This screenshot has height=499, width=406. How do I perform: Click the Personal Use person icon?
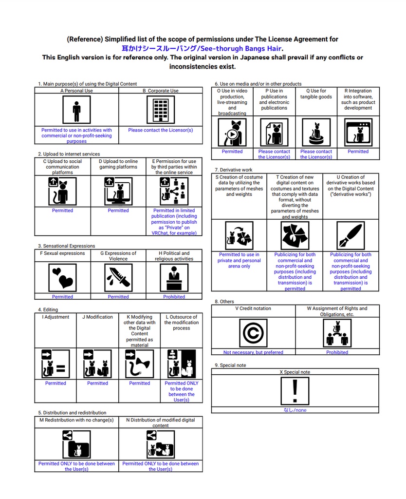point(76,110)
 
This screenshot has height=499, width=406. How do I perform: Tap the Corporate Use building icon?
point(160,110)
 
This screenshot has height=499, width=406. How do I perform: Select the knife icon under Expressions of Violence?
point(118,278)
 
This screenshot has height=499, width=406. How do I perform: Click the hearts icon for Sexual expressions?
point(62,278)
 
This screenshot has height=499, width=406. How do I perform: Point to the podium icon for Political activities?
point(174,278)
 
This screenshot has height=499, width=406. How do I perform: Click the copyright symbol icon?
point(253,333)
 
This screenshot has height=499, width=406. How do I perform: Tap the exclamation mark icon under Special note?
point(295,391)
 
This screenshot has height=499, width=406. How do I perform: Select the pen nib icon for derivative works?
point(351,236)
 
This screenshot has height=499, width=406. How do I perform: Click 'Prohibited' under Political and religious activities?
point(174,297)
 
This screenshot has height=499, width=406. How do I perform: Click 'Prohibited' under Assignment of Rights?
point(337,352)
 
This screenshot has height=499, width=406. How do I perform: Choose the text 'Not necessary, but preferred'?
point(253,352)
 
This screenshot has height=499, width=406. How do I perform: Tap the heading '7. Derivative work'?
point(233,170)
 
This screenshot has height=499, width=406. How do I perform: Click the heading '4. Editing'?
point(48,309)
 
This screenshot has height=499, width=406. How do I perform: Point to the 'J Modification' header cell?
point(97,317)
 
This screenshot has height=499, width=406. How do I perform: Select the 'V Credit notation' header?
point(253,308)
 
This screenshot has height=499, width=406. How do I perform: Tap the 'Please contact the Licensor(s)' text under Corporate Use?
point(160,130)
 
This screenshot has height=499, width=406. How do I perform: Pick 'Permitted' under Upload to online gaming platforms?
point(118,211)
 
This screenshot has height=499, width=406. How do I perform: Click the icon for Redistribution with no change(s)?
point(76,443)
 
